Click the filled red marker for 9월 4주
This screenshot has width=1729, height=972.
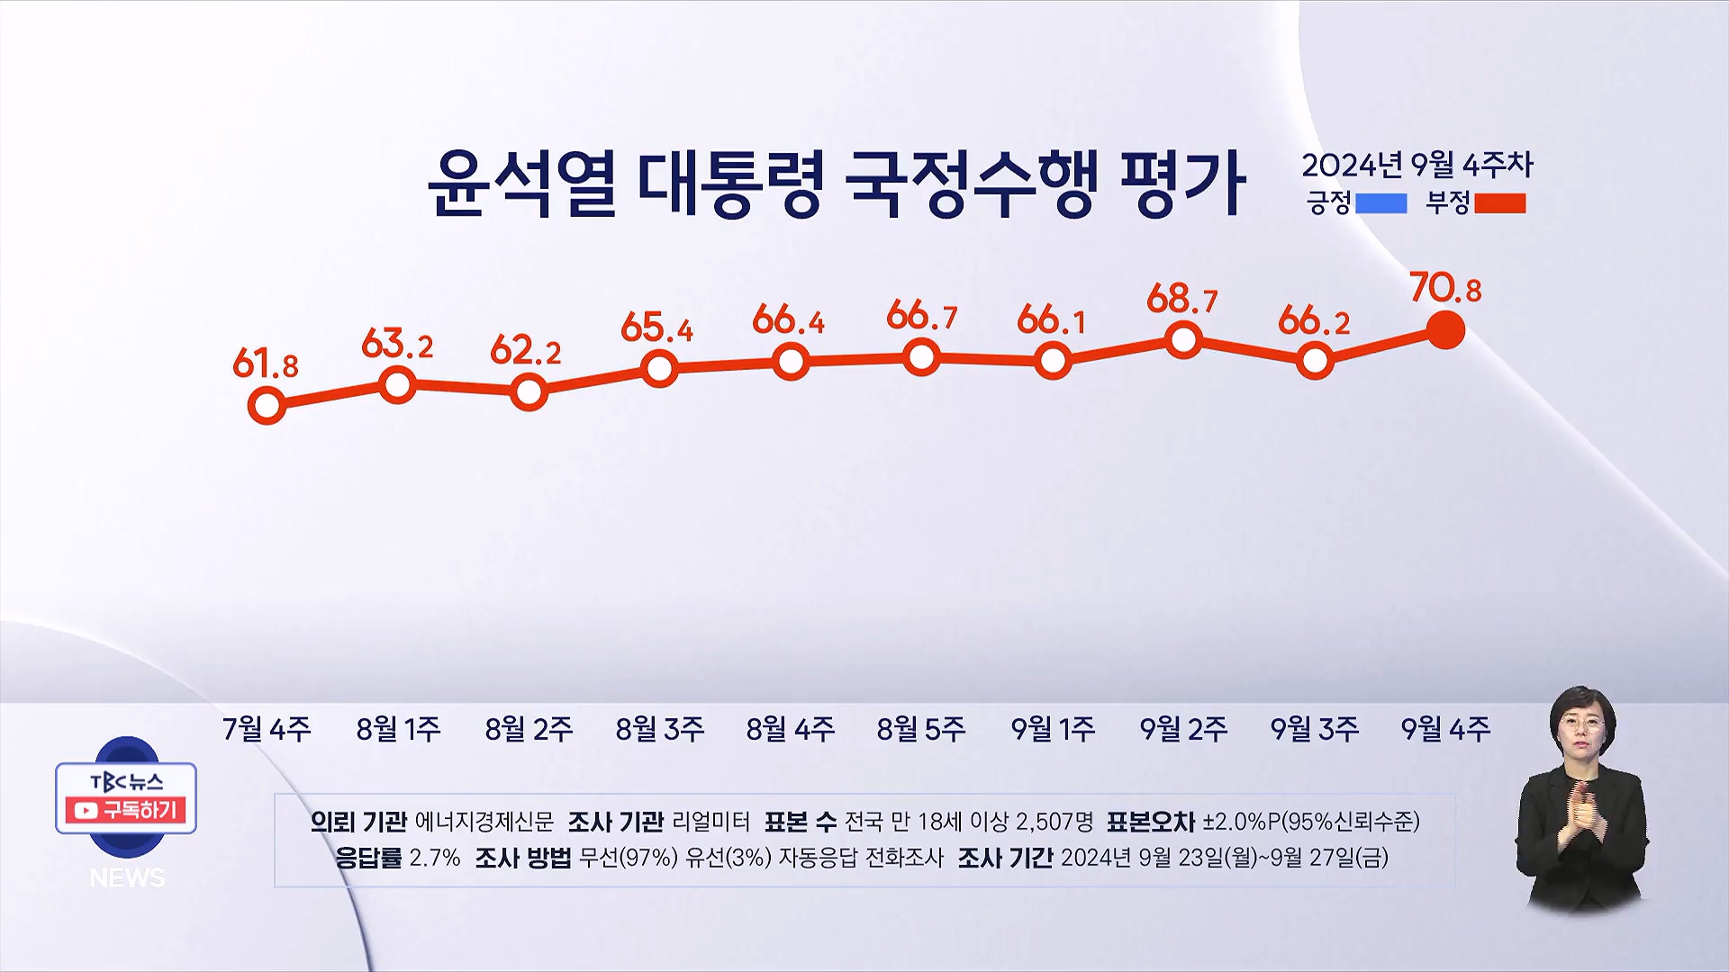pyautogui.click(x=1446, y=330)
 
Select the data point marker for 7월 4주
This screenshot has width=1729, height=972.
pyautogui.click(x=267, y=406)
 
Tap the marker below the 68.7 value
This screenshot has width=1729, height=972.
pyautogui.click(x=1183, y=340)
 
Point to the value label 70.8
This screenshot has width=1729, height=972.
pyautogui.click(x=1445, y=289)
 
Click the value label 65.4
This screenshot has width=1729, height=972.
pyautogui.click(x=656, y=328)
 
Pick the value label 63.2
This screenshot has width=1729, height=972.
pyautogui.click(x=396, y=344)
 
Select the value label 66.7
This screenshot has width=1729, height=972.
pyautogui.click(x=921, y=316)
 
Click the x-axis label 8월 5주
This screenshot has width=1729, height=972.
pyautogui.click(x=921, y=728)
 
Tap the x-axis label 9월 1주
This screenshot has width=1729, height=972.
pyautogui.click(x=1053, y=728)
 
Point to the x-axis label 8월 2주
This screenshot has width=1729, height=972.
pyautogui.click(x=529, y=728)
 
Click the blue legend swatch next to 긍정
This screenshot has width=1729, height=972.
pyautogui.click(x=1380, y=203)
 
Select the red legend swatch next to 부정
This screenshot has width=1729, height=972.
pyautogui.click(x=1499, y=203)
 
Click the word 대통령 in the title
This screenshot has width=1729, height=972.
pyautogui.click(x=729, y=184)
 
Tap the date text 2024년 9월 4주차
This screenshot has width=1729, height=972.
pyautogui.click(x=1417, y=165)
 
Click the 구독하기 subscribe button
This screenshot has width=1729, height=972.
pyautogui.click(x=126, y=810)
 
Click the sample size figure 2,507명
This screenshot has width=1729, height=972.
pyautogui.click(x=1054, y=821)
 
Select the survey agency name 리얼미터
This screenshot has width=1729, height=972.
pyautogui.click(x=711, y=821)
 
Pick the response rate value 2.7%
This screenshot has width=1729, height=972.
pyautogui.click(x=434, y=857)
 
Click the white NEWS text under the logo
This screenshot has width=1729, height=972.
pyautogui.click(x=127, y=877)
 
